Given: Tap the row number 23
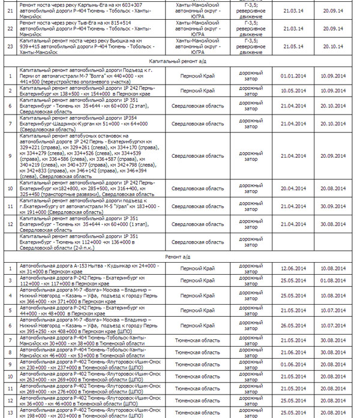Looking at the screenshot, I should tap(10, 49).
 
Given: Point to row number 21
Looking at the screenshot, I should tap(10, 10).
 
